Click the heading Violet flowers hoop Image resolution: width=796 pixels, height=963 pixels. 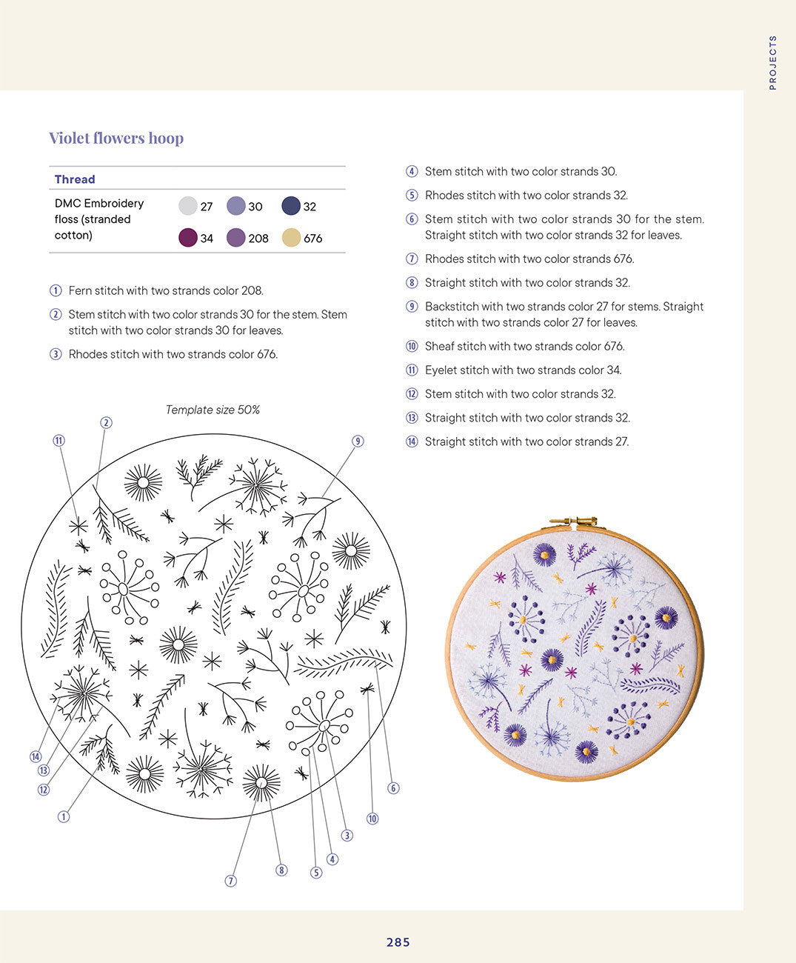pos(116,139)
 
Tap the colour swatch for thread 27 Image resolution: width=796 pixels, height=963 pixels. pos(188,206)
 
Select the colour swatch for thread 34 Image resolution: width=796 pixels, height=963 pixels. pos(188,238)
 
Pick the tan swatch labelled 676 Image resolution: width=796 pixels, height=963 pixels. pos(292,238)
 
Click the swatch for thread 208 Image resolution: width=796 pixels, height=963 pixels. pos(236,238)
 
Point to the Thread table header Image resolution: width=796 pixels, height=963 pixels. pos(75,179)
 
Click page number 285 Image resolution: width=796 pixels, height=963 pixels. pos(398,942)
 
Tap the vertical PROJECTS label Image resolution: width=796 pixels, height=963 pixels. pos(773,63)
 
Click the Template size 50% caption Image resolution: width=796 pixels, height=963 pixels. pos(213,410)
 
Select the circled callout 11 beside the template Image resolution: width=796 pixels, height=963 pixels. pos(59,441)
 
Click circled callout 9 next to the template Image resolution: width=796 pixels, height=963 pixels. pos(358,441)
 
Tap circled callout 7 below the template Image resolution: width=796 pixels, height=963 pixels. pos(231,881)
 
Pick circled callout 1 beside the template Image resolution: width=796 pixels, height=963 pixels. pos(64,816)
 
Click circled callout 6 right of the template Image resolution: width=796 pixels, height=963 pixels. pos(393,788)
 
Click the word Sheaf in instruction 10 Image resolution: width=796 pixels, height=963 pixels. pos(440,347)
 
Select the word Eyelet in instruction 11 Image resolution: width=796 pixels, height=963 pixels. pos(441,370)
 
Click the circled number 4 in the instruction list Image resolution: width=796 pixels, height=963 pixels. pos(412,172)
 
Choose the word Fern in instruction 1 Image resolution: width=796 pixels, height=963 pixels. pos(81,291)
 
